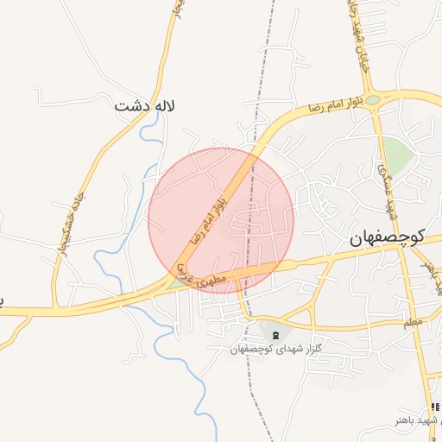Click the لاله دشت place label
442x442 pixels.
145,106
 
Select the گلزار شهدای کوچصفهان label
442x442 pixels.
275,349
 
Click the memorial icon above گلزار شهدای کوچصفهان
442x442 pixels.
275,335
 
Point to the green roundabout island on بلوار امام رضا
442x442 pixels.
372,100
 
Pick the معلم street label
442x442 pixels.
412,322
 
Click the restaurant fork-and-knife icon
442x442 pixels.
434,407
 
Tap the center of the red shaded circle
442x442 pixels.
221,220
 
